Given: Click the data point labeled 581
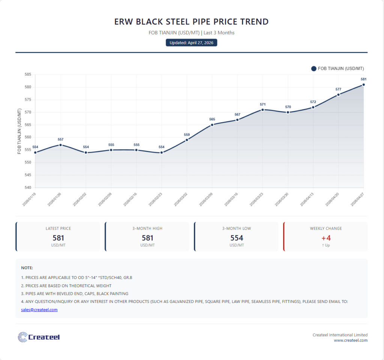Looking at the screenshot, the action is tap(363, 85).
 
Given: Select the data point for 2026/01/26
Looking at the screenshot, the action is tap(60, 145).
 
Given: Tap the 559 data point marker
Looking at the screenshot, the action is tap(187, 140).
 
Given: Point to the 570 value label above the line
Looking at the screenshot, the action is tap(288, 107).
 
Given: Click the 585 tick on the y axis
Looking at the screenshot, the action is tap(28, 75).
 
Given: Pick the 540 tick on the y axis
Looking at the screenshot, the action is tap(28, 187).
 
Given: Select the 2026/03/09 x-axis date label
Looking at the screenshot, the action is tap(206, 199).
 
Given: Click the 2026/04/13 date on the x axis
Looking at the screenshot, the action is tap(307, 199).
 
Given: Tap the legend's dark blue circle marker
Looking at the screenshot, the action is tap(314, 69).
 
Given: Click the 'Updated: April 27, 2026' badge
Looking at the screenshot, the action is tap(192, 43).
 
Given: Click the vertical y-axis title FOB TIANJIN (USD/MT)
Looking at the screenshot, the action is tap(19, 131).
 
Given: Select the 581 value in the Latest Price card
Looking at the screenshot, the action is tap(58, 238).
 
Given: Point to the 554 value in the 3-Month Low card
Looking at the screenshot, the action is tap(237, 238).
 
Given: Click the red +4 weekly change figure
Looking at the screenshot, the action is tap(326, 238).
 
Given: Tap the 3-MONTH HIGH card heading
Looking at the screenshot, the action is tap(147, 228).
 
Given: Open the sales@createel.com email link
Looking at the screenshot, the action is tap(39, 309).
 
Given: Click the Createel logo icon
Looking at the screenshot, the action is tap(22, 337).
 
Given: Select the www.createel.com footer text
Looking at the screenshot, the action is tap(351, 340).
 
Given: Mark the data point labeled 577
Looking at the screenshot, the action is tap(339, 95).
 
